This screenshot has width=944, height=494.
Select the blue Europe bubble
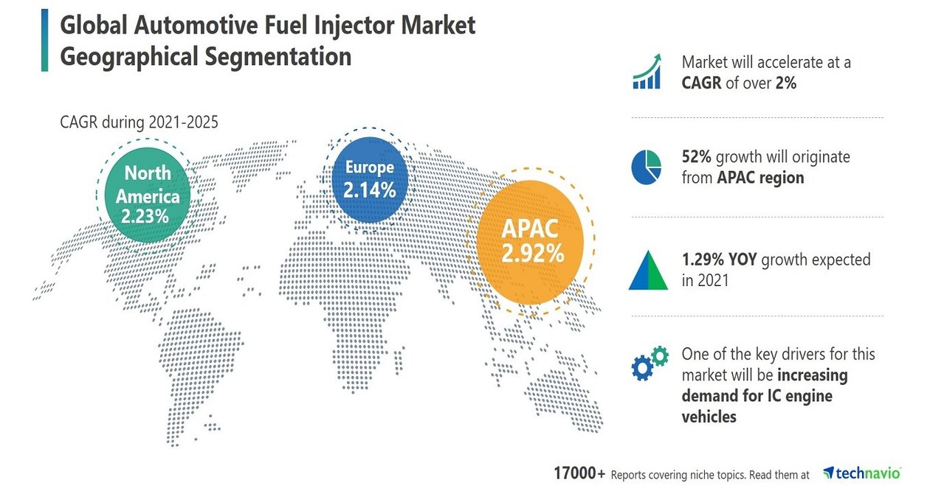click(x=369, y=178)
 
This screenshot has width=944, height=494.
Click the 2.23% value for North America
click(x=147, y=217)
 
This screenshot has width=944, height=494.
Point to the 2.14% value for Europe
click(x=369, y=190)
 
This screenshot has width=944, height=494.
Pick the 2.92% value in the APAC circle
click(x=532, y=254)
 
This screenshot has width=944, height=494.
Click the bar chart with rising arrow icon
click(x=647, y=72)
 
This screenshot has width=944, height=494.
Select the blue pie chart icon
click(x=647, y=167)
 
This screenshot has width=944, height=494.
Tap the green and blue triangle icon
click(x=648, y=271)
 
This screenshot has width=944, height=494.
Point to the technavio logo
click(x=862, y=473)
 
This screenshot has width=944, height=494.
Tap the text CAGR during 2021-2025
click(x=139, y=122)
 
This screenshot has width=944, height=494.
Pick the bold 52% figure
click(x=697, y=157)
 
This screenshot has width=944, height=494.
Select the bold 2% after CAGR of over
click(x=785, y=83)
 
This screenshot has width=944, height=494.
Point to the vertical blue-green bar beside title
click(x=45, y=41)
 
